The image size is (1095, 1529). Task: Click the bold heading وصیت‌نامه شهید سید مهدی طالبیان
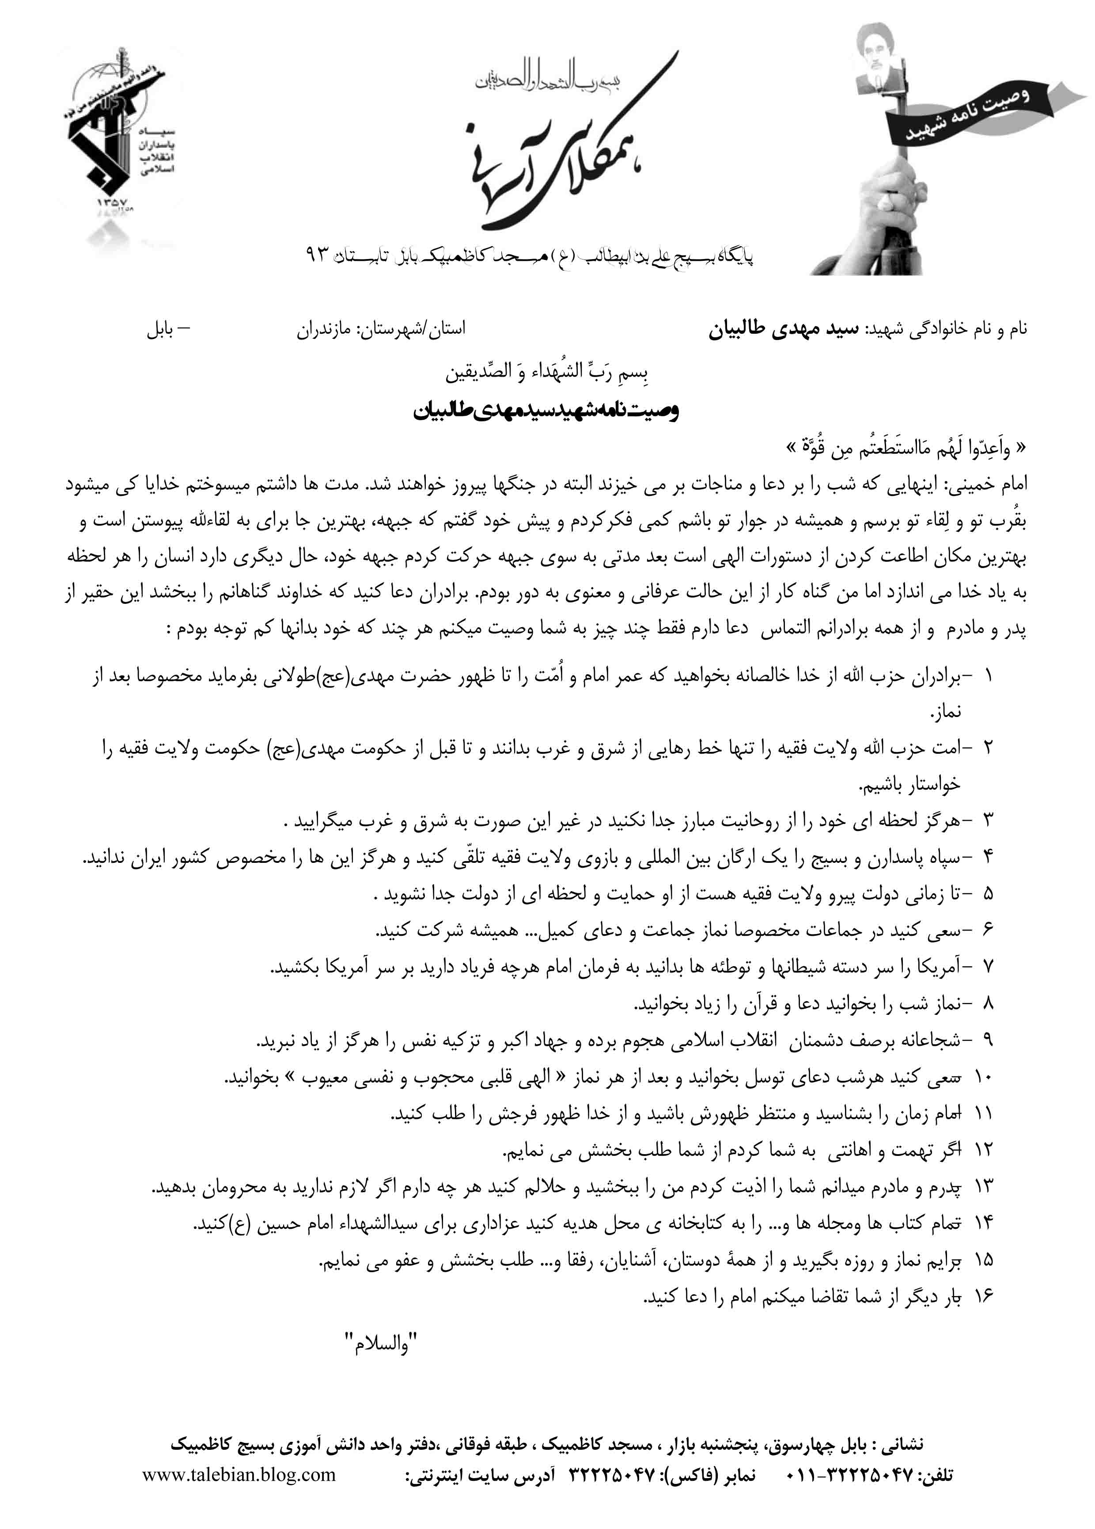coord(546,411)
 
